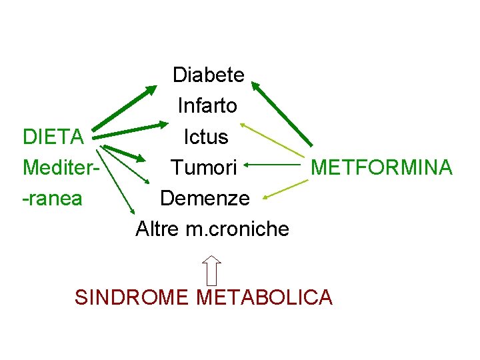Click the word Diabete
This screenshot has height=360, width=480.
pyautogui.click(x=209, y=75)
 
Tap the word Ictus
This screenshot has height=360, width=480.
pyautogui.click(x=206, y=137)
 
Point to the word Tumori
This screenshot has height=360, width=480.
pyautogui.click(x=203, y=167)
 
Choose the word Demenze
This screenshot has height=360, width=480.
pyautogui.click(x=205, y=198)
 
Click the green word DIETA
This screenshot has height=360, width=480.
pyautogui.click(x=53, y=137)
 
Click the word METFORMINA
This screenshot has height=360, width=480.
pyautogui.click(x=381, y=167)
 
